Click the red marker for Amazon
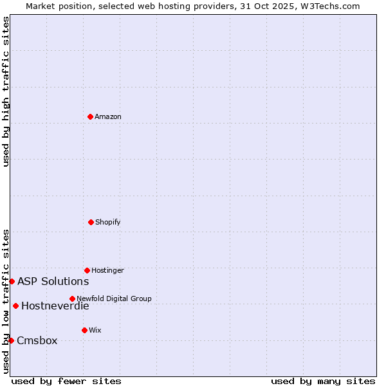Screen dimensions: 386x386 click(x=90, y=116)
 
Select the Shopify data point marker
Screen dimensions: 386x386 click(x=91, y=222)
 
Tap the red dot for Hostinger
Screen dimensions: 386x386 click(x=87, y=270)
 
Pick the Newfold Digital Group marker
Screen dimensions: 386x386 click(x=72, y=299)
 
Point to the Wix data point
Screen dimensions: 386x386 click(x=84, y=330)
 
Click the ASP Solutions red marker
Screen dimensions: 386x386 click(x=12, y=281)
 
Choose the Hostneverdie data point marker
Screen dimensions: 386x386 click(x=15, y=306)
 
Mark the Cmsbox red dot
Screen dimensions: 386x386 click(x=11, y=340)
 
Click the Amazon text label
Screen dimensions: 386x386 click(x=108, y=117)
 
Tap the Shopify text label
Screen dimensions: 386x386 click(x=108, y=223)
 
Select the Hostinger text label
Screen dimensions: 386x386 click(x=107, y=271)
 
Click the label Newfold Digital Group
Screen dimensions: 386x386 click(x=114, y=299)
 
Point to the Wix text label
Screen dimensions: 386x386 click(x=95, y=331)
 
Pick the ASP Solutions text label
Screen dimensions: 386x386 click(x=53, y=281)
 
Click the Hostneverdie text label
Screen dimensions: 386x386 click(x=55, y=306)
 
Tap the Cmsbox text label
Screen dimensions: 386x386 click(x=37, y=340)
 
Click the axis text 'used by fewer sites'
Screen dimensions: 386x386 click(x=66, y=381)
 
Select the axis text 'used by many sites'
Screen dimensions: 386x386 click(x=323, y=381)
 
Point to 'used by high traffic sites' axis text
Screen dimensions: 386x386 click(x=6, y=91)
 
